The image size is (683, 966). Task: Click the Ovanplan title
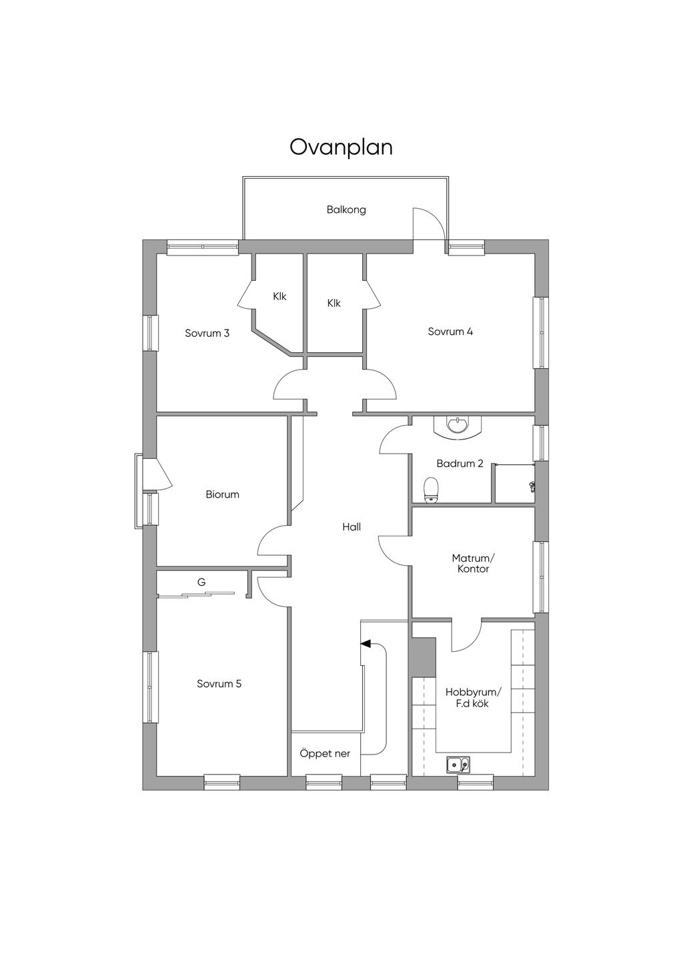341,147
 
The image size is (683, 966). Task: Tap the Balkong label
346,210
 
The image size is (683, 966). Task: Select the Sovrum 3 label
207,333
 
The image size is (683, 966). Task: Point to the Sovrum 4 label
450,331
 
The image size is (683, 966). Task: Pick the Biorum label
222,494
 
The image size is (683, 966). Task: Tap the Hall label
352,526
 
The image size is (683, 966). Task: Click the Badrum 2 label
460,464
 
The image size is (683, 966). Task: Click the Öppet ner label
325,753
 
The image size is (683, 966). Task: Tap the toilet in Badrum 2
431,490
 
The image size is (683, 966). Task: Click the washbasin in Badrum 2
456,426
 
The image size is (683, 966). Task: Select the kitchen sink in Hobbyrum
458,765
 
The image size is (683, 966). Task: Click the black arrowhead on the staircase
366,643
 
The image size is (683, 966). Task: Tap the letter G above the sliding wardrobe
201,582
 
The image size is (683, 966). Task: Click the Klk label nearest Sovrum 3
279,296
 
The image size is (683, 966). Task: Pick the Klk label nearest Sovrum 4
333,303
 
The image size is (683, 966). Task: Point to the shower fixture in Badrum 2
532,486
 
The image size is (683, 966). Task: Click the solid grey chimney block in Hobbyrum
424,657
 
